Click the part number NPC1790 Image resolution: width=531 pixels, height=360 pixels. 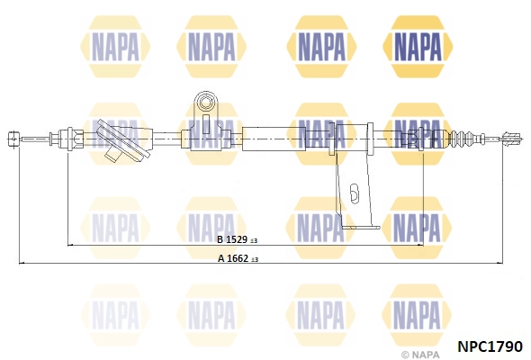click(490, 346)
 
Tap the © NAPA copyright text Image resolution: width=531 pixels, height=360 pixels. click(420, 355)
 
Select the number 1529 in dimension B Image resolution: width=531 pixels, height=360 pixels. click(237, 239)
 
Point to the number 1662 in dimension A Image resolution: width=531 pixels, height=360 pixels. click(238, 258)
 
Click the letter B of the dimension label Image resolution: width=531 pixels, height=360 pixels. click(220, 239)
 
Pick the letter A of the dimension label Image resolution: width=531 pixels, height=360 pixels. click(221, 258)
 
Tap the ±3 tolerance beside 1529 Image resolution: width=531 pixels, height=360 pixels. click(254, 240)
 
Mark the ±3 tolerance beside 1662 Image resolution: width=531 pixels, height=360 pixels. click(255, 259)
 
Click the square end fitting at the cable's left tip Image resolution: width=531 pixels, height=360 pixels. click(13, 139)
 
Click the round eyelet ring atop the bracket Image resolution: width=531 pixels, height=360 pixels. click(205, 102)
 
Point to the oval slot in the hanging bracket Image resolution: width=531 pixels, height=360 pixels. click(354, 194)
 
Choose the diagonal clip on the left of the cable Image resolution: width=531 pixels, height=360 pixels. click(122, 140)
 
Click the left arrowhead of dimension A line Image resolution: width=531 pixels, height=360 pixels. click(22, 263)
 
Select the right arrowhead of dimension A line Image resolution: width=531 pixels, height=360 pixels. click(500, 263)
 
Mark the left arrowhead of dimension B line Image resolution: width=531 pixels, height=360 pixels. click(71, 245)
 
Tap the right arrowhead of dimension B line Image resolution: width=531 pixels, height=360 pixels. click(420, 245)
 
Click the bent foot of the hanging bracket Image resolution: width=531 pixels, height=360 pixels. click(360, 227)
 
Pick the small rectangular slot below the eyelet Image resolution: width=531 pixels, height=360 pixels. click(205, 124)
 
